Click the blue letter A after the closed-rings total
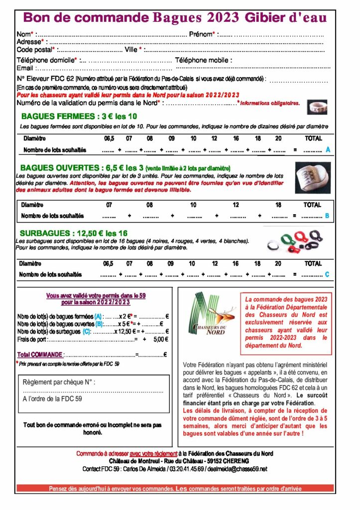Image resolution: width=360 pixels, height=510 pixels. tap(328, 149)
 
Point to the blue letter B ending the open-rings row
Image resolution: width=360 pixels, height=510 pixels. tap(327, 216)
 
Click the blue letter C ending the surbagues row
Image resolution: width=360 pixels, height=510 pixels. tap(327, 274)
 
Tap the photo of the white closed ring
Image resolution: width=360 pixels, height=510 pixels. tap(317, 107)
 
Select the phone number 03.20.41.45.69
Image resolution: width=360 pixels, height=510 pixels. tap(184, 469)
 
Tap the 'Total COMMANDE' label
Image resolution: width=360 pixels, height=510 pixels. tap(39, 355)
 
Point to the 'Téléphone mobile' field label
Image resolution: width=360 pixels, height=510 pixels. tap(203, 60)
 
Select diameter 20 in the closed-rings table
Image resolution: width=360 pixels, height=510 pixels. tap(278, 138)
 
